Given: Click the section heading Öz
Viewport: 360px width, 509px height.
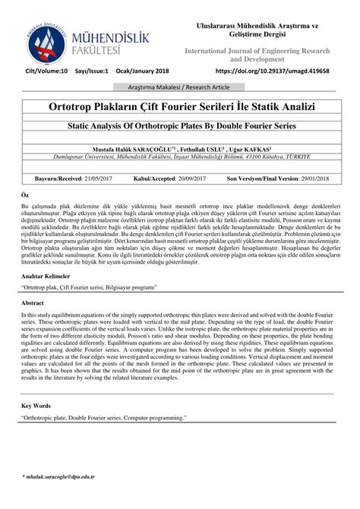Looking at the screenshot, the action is pyautogui.click(x=25, y=195).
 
